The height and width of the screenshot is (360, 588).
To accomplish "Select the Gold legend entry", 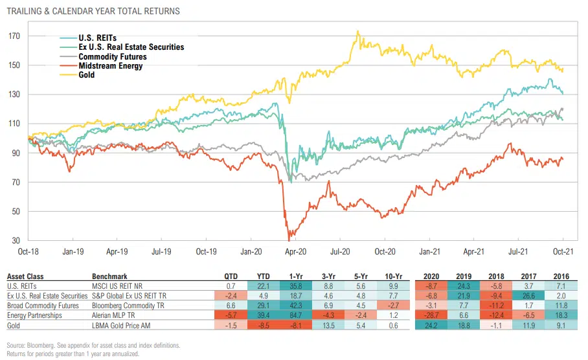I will coord(86,75).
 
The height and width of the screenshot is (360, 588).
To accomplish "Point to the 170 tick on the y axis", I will coord(14,36).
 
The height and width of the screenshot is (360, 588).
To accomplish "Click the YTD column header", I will coord(263,275).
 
